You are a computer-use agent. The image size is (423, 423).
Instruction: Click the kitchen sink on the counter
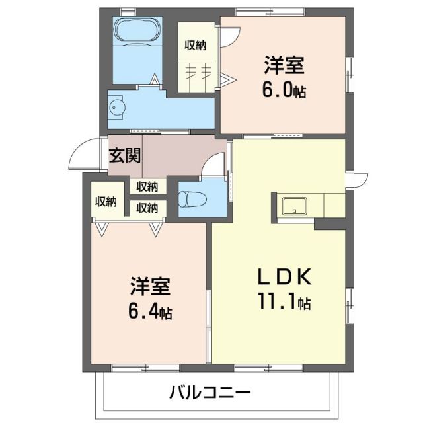click(x=293, y=206)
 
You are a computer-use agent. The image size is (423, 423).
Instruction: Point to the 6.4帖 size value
click(x=150, y=311)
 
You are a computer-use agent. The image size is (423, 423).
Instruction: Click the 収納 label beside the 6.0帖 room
click(x=196, y=45)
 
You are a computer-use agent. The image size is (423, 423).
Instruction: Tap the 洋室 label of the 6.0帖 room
click(x=285, y=66)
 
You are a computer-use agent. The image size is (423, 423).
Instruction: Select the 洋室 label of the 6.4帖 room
click(x=149, y=288)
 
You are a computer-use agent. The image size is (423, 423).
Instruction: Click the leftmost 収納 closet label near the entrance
click(x=106, y=201)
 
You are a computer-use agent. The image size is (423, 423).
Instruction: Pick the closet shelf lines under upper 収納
click(x=198, y=70)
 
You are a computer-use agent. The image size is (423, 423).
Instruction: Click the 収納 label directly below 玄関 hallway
click(x=147, y=186)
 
